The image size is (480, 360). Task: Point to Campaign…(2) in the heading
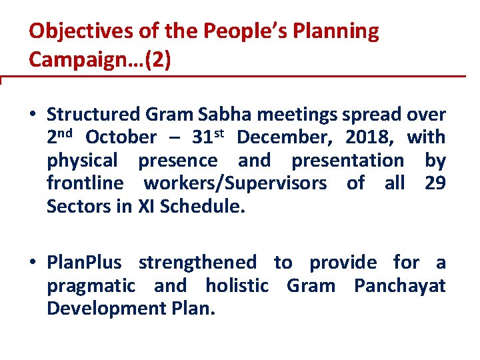(100, 60)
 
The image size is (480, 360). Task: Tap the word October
(121, 138)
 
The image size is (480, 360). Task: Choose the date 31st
(209, 137)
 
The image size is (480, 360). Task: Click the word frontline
(85, 183)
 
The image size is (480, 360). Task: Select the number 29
(435, 183)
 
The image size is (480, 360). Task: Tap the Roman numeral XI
(147, 206)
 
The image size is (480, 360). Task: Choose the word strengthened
(197, 263)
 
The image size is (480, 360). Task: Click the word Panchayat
(400, 287)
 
